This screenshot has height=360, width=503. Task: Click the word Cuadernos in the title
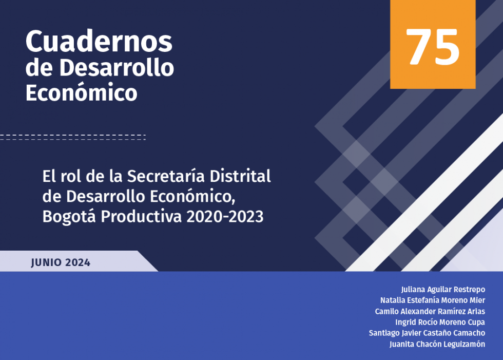(x=99, y=41)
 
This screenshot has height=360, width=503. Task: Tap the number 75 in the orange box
(x=432, y=47)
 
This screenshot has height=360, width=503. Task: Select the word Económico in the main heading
(x=82, y=92)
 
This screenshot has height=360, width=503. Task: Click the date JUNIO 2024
(x=61, y=262)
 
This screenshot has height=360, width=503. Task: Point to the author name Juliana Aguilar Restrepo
(x=443, y=290)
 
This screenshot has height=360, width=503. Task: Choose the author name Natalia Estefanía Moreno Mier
(x=433, y=300)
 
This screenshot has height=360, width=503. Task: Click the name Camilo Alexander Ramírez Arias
(x=430, y=311)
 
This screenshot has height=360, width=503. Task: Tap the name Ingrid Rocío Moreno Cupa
(x=440, y=322)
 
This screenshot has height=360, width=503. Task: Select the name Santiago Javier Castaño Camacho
(x=427, y=333)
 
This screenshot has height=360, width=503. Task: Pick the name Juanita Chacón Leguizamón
(x=437, y=344)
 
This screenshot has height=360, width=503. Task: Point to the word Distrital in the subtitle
(x=240, y=176)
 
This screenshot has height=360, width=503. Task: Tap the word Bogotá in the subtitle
(x=69, y=216)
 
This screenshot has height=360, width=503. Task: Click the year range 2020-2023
(x=225, y=217)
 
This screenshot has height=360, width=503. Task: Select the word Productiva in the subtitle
(x=141, y=217)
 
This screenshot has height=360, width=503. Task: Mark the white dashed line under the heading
(x=73, y=137)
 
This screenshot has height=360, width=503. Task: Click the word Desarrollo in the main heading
(x=117, y=67)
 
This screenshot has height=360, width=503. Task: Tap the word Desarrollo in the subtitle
(x=106, y=196)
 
